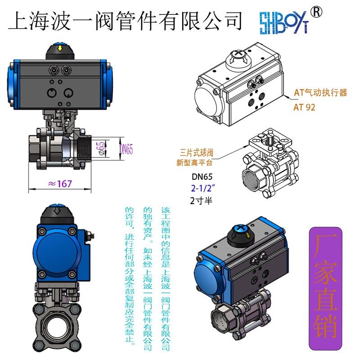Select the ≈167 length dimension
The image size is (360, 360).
60,184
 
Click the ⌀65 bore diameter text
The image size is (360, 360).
101,147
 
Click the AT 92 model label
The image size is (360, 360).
305,107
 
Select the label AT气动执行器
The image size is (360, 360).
320,93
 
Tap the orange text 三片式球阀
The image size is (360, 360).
196,153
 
